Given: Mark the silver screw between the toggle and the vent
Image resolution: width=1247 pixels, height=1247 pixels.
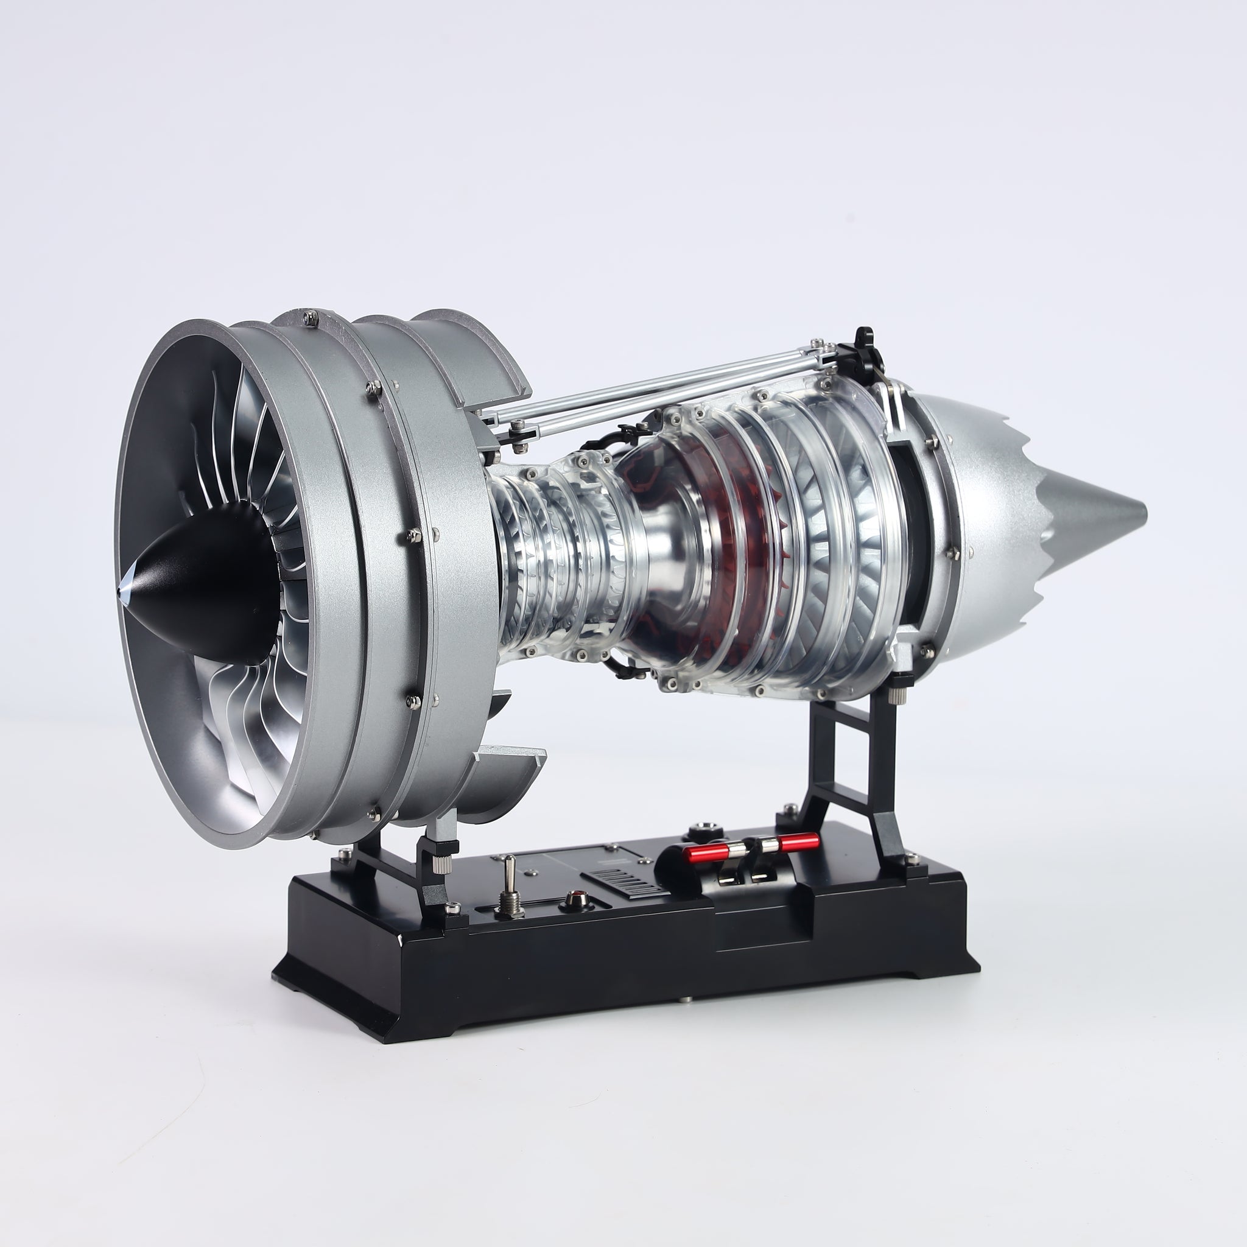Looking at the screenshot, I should pos(531,873).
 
